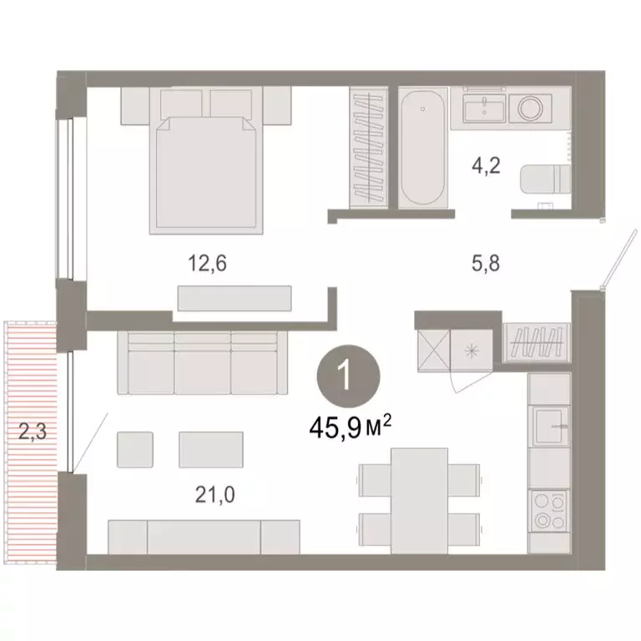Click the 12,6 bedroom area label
click(x=207, y=263)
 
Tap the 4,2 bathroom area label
click(x=486, y=166)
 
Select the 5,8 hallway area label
click(x=486, y=263)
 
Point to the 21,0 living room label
click(x=215, y=495)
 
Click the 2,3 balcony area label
click(x=33, y=431)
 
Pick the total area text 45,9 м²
click(x=351, y=427)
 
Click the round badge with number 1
click(x=349, y=376)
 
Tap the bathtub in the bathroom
click(x=422, y=148)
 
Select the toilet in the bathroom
click(x=545, y=179)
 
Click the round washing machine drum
click(x=530, y=109)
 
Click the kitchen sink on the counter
click(x=549, y=426)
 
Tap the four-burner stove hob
click(x=549, y=511)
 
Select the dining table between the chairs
click(x=419, y=501)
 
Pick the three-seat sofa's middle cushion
click(x=203, y=363)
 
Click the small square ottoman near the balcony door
click(x=135, y=450)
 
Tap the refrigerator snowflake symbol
click(x=472, y=351)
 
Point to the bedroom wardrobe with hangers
click(x=369, y=148)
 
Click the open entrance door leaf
click(x=619, y=259)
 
